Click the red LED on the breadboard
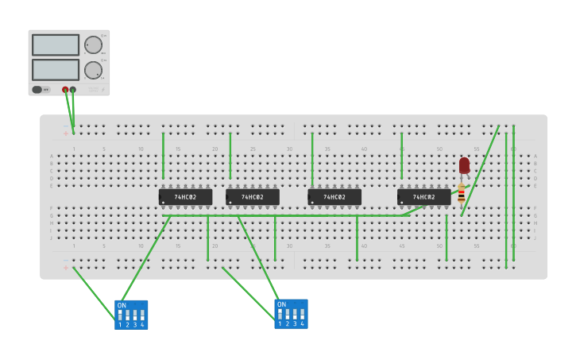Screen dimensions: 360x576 click(464, 165)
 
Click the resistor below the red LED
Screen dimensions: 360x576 click(461, 195)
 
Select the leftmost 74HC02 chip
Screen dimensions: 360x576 click(185, 197)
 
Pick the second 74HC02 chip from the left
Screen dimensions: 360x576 click(253, 197)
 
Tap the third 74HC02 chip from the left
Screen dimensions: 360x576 click(334, 197)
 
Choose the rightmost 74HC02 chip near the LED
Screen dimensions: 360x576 click(423, 197)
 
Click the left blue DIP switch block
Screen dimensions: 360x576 click(131, 315)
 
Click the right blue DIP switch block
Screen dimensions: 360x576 click(291, 314)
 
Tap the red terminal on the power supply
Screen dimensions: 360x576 click(65, 90)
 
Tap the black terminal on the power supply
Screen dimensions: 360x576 click(73, 90)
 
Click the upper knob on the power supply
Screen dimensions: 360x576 click(93, 45)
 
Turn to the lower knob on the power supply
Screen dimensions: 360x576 click(93, 70)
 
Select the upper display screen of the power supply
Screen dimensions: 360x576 click(56, 45)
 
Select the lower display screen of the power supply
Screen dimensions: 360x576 click(56, 69)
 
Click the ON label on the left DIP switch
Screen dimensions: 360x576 click(122, 305)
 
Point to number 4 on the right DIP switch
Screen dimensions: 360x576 click(302, 324)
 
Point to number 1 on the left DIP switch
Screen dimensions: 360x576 click(120, 325)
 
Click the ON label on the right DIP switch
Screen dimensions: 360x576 click(281, 304)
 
